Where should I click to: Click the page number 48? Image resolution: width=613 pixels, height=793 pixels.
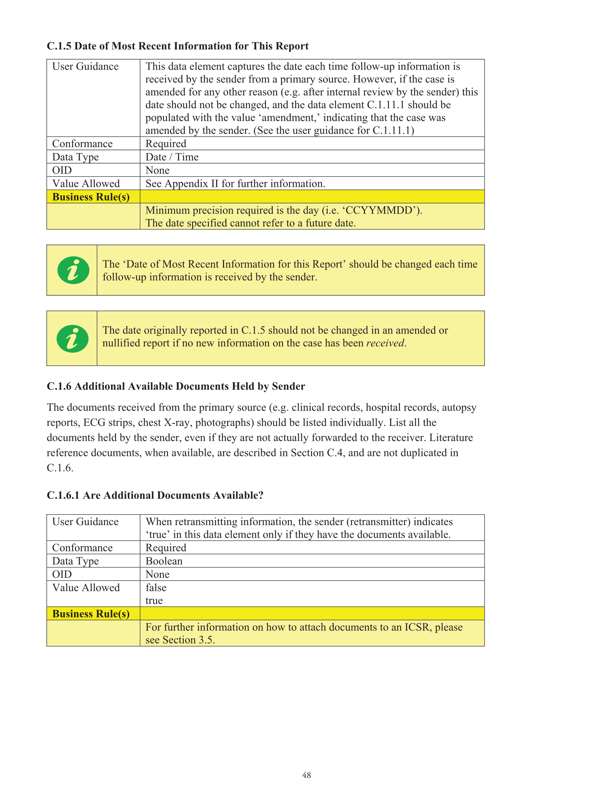(306, 775)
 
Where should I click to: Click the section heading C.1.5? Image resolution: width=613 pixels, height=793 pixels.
(177, 46)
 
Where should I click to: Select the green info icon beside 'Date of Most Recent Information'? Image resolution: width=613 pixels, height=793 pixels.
(74, 270)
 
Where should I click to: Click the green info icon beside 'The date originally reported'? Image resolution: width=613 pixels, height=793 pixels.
(73, 338)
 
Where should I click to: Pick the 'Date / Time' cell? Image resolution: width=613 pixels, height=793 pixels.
(172, 157)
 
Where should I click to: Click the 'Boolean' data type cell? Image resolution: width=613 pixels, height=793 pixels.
(164, 561)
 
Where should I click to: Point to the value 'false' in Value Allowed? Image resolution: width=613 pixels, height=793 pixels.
(156, 588)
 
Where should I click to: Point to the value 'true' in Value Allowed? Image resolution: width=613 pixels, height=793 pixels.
(154, 601)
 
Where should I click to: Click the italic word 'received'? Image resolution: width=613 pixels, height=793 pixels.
(385, 343)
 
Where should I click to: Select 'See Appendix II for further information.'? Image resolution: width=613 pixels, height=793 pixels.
(235, 184)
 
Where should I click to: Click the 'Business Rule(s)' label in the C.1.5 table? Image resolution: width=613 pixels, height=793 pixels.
(91, 197)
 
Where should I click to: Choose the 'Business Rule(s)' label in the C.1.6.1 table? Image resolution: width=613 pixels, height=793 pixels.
(91, 614)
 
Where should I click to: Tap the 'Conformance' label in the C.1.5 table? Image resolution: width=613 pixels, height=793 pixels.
(82, 144)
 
